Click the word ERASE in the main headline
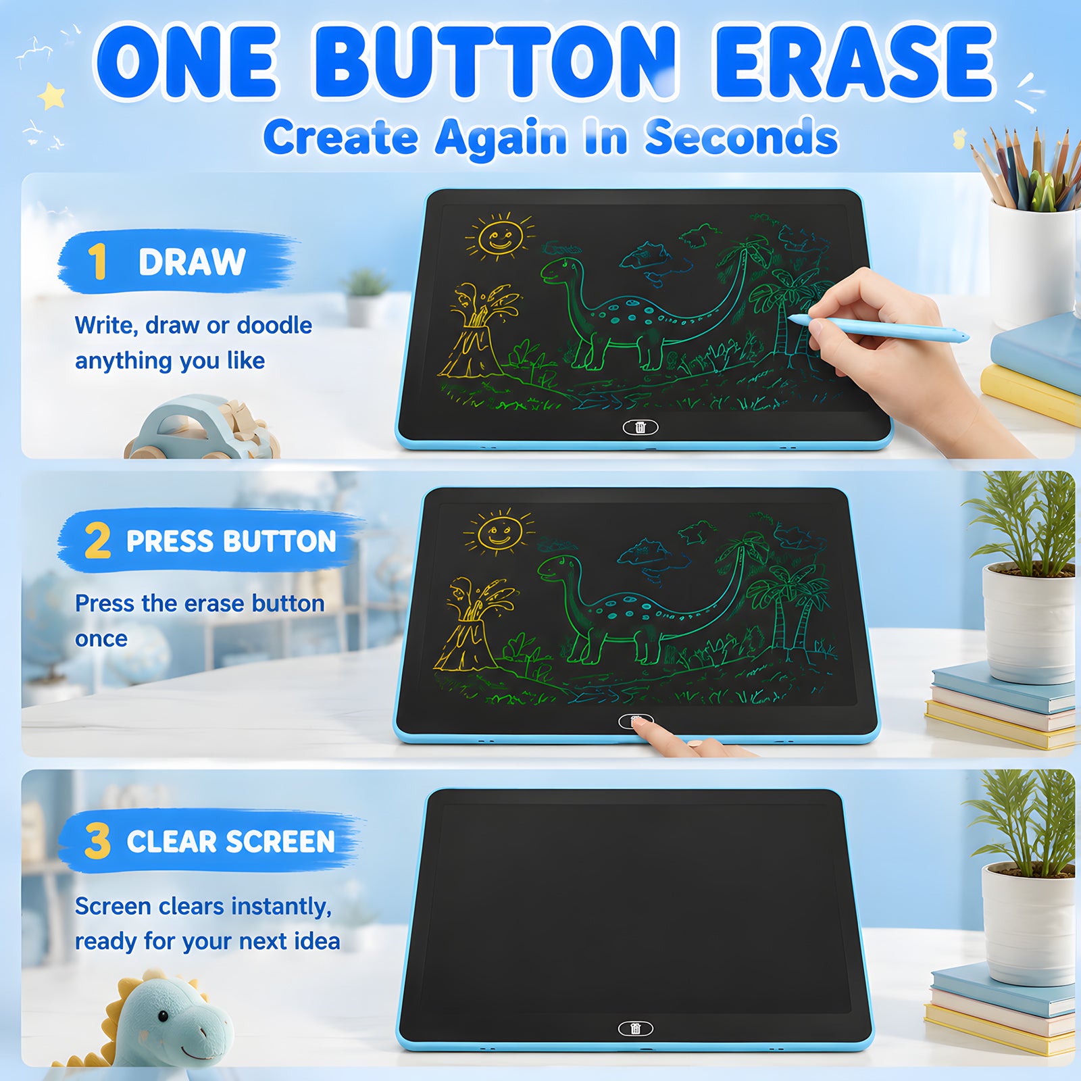coord(855,62)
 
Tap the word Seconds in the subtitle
coord(742,137)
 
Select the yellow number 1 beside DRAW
coord(98,261)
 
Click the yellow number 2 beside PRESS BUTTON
coord(98,540)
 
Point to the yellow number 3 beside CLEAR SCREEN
coord(98,840)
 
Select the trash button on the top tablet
coord(640,427)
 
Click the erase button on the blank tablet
coord(636,1028)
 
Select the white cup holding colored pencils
coord(1032,263)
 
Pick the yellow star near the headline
coord(52,96)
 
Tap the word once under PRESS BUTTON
coord(101,639)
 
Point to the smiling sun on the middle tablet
coord(499,532)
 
